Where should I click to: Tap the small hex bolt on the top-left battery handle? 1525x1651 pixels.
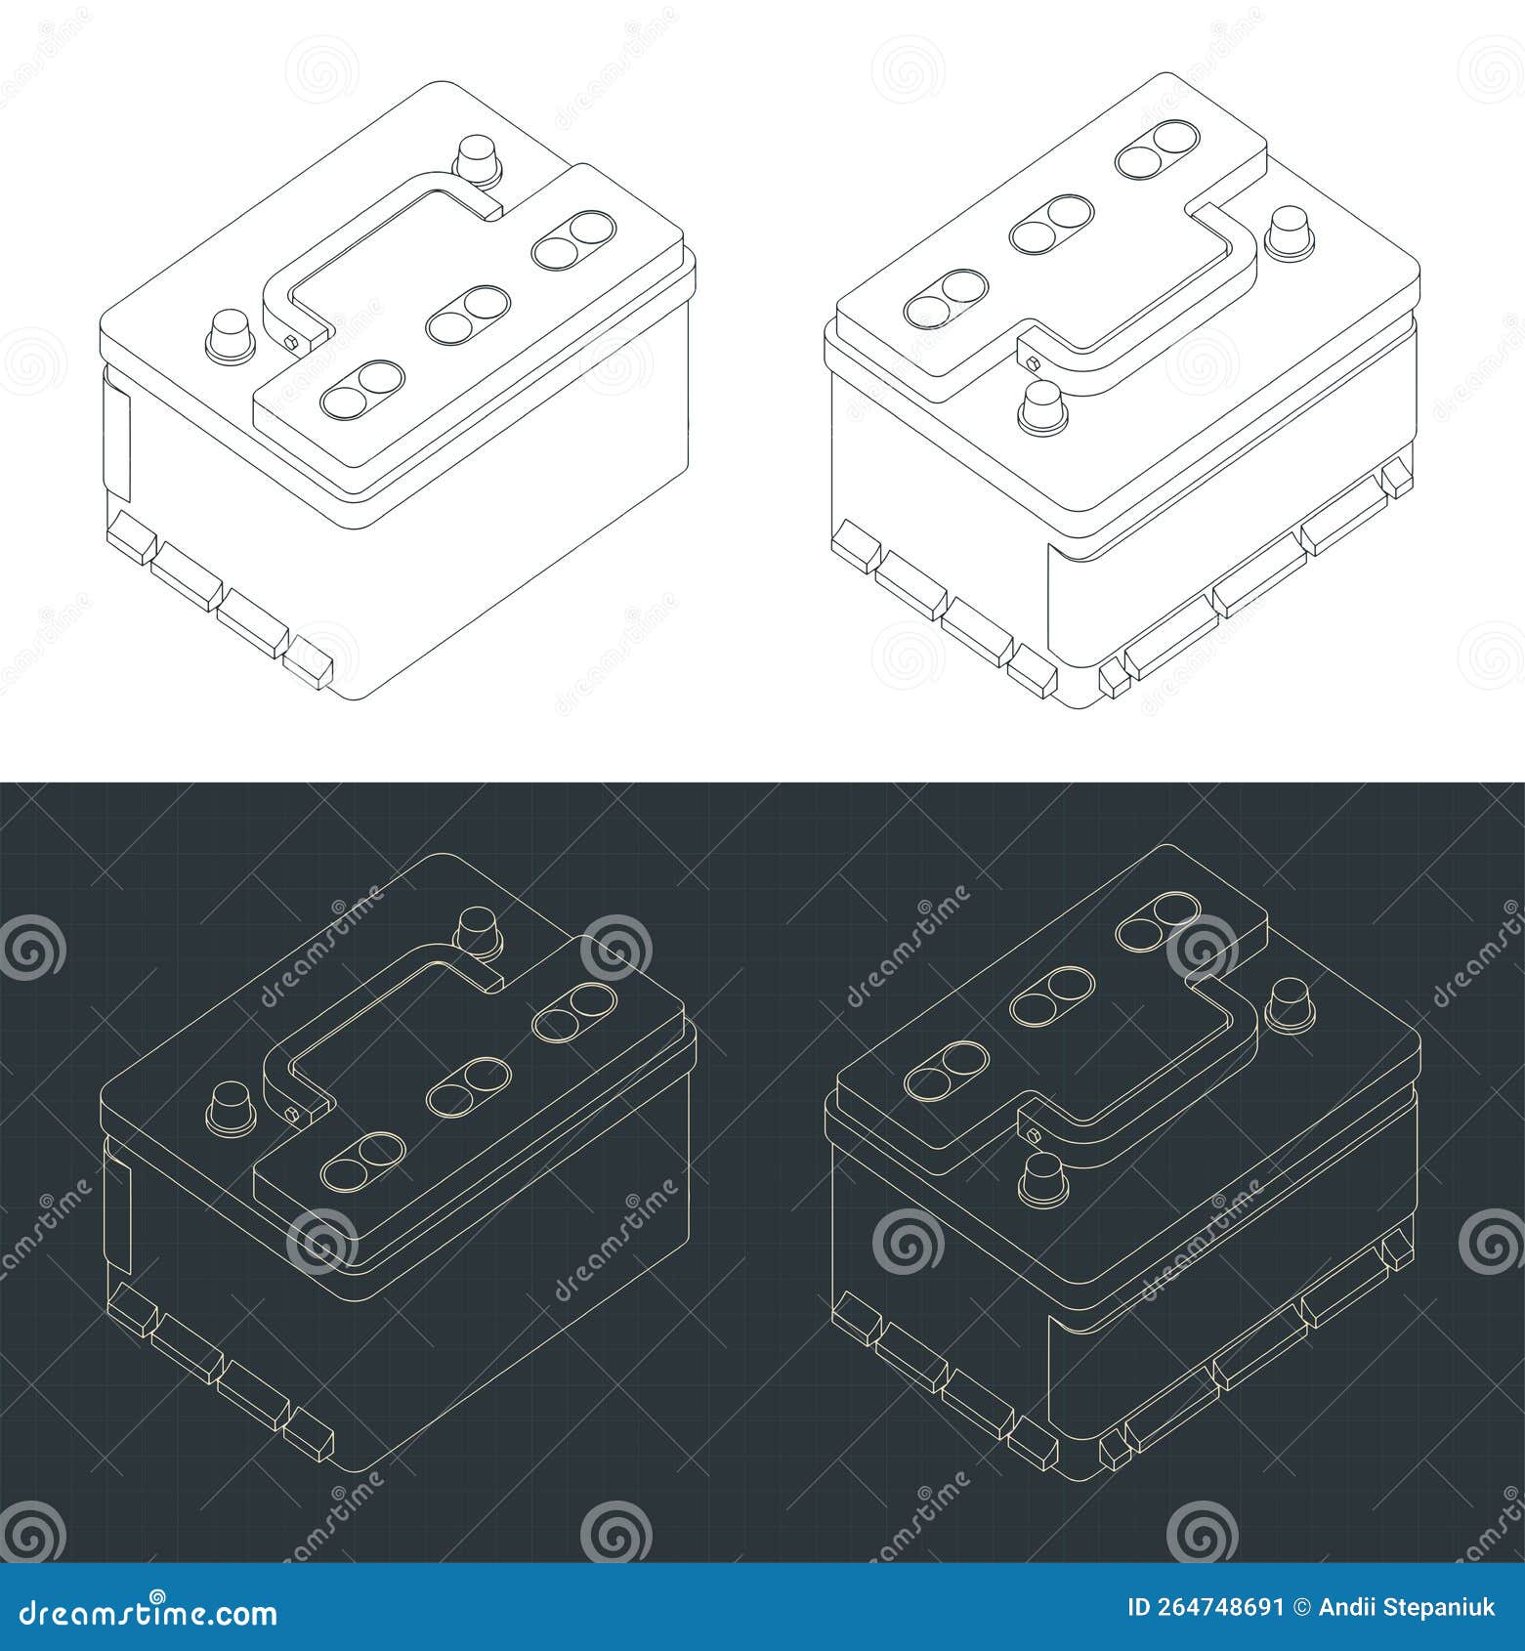[291, 341]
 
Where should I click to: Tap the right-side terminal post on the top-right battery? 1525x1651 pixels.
[1290, 232]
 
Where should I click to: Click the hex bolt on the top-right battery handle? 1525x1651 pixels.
[1034, 362]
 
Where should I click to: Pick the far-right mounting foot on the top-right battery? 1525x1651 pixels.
[1397, 476]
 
